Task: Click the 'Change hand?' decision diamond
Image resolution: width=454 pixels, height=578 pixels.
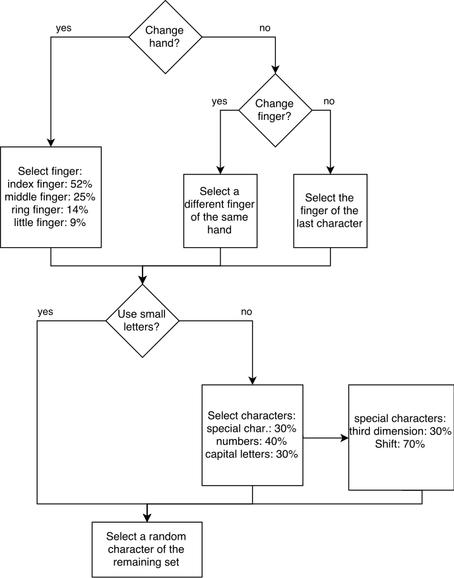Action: pyautogui.click(x=165, y=37)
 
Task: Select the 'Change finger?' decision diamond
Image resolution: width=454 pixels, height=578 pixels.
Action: pyautogui.click(x=275, y=110)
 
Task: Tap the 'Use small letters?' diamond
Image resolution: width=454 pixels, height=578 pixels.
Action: pyautogui.click(x=143, y=321)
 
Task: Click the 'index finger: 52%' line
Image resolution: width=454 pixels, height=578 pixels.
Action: pyautogui.click(x=50, y=184)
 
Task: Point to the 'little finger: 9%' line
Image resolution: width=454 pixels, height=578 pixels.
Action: pyautogui.click(x=50, y=223)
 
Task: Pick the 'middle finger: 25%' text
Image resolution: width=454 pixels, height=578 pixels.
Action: pyautogui.click(x=50, y=197)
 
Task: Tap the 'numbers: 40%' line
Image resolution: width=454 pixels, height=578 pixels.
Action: pyautogui.click(x=251, y=441)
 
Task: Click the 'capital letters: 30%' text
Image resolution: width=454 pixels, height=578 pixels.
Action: pyautogui.click(x=251, y=454)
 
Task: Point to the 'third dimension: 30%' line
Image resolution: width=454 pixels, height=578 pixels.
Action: pyautogui.click(x=401, y=431)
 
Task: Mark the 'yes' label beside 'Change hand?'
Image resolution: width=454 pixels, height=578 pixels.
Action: pyautogui.click(x=63, y=28)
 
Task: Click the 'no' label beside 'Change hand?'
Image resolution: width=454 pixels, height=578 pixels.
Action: pyautogui.click(x=265, y=28)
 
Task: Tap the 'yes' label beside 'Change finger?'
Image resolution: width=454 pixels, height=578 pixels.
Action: pyautogui.click(x=220, y=101)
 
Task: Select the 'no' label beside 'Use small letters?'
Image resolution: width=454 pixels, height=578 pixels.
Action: pyautogui.click(x=247, y=312)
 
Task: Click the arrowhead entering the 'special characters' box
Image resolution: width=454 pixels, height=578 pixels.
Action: pyautogui.click(x=345, y=438)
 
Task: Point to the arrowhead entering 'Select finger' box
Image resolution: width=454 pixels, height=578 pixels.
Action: pyautogui.click(x=51, y=143)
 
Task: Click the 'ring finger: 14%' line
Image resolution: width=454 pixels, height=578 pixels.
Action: pyautogui.click(x=50, y=210)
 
